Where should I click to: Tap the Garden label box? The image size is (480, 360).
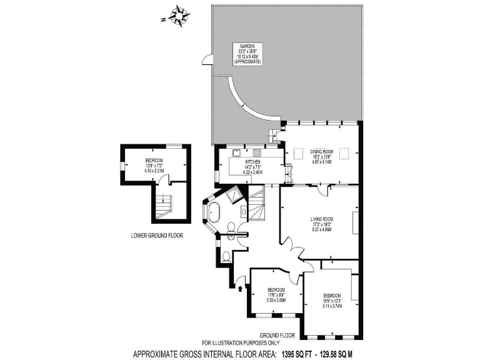tap(247, 54)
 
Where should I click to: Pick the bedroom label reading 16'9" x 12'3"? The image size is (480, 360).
tap(332, 300)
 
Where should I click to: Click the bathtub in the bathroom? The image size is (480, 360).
tap(214, 212)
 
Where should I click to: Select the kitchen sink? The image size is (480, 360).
tap(236, 152)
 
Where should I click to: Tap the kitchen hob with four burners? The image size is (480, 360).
tap(257, 152)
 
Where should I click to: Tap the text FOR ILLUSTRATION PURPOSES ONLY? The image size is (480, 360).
tap(242, 343)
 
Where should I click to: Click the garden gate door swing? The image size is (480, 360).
tap(206, 60)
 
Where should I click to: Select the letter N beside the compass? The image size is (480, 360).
tap(163, 20)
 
